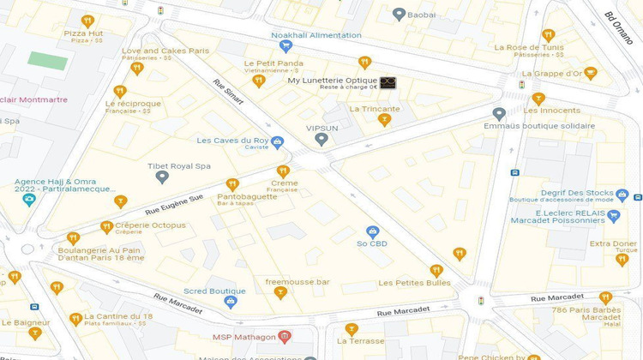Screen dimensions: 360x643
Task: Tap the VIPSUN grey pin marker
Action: coord(321,139)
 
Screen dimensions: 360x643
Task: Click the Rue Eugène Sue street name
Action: coord(174,203)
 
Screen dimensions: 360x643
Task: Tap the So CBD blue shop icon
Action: coord(372,232)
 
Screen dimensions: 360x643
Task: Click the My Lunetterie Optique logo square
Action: coord(388,83)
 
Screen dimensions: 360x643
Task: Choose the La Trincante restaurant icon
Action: coord(385,119)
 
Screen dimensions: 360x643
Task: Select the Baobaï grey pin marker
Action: coord(399,14)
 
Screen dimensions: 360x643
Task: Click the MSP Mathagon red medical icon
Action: coord(285,336)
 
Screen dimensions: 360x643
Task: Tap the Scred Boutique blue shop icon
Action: coord(230,301)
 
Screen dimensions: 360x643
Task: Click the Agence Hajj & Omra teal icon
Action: coord(28,200)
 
